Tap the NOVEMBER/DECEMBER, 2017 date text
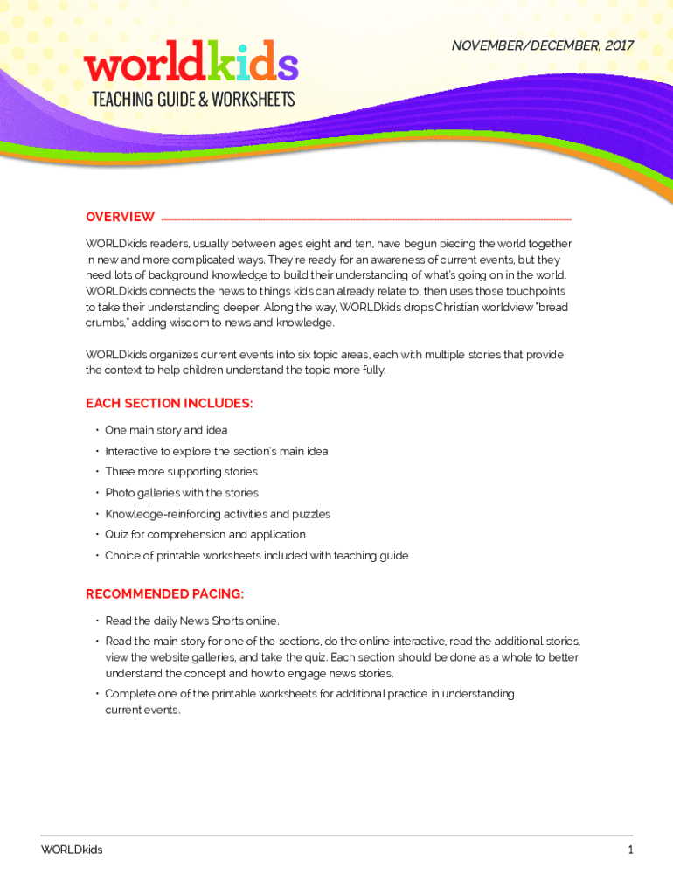543,45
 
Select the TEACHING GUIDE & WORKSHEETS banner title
193,100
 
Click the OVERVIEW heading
120,217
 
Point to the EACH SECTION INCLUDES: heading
170,403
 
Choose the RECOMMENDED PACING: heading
164,594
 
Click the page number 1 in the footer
629,850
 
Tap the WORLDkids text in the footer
72,850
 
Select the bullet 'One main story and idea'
166,430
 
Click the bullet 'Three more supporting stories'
182,472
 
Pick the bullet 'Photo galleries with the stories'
182,493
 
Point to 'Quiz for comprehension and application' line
205,534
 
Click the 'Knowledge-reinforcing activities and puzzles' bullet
218,514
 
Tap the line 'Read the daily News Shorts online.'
192,621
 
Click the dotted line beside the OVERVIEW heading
367,219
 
